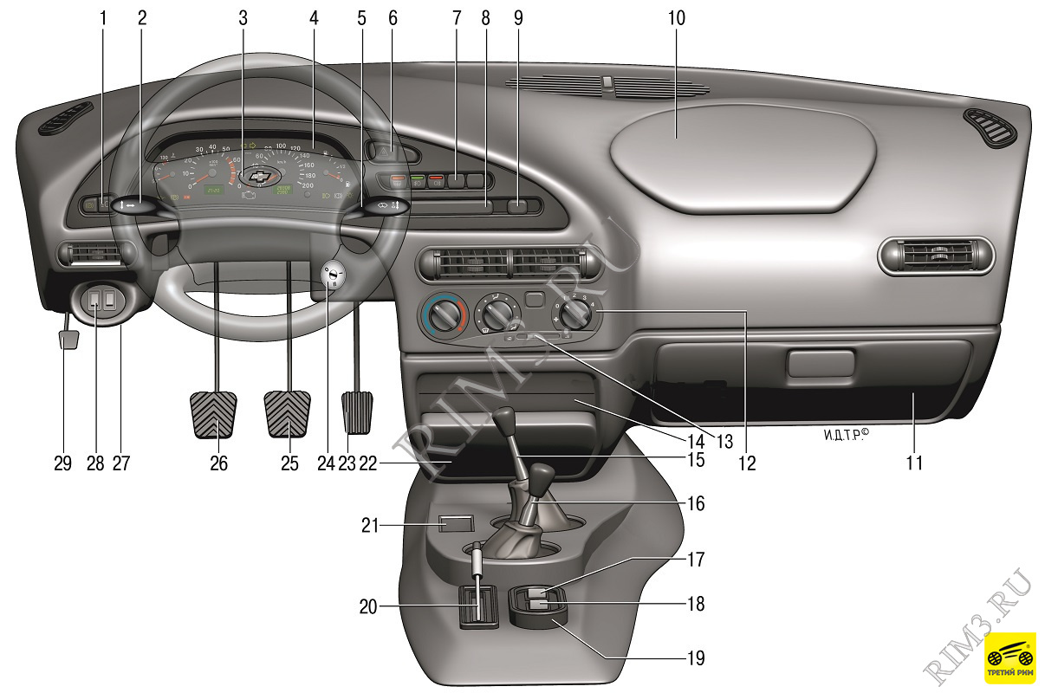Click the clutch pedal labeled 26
click(213, 416)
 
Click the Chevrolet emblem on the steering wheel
click(257, 176)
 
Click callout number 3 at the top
click(243, 17)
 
